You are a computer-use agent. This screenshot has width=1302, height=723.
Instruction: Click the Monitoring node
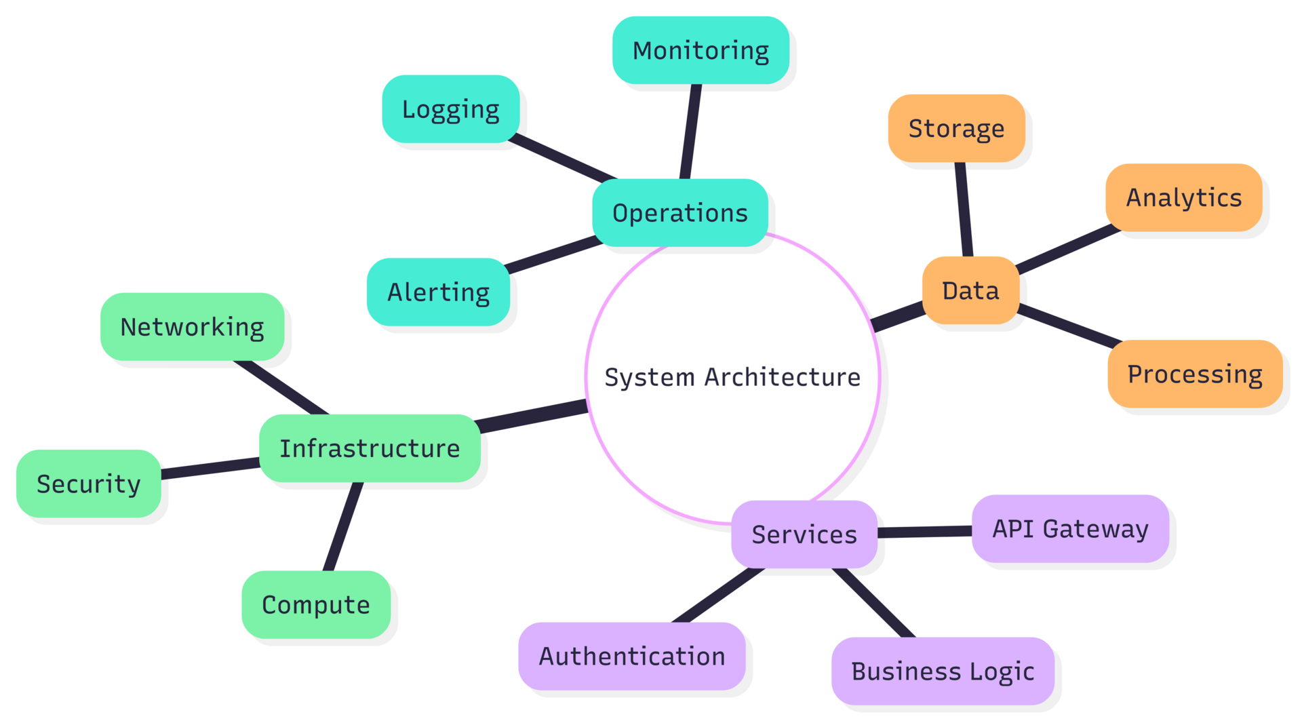701,51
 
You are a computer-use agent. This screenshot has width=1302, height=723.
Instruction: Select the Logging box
451,109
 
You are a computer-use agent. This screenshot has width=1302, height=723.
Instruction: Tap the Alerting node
438,292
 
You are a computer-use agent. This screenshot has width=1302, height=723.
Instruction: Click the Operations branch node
680,213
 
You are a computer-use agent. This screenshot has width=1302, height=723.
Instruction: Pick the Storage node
956,128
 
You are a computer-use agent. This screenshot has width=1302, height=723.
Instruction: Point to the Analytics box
1184,197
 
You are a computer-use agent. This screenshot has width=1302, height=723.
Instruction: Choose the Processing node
1195,374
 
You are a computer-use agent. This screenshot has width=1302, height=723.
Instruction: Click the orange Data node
970,290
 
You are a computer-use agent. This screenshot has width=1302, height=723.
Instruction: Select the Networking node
192,327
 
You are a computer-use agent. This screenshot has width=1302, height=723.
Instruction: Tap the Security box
88,484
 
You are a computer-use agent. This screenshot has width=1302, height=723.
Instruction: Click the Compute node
316,604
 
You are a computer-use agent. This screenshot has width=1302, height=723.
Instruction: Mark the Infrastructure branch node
370,448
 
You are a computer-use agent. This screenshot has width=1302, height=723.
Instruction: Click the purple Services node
804,534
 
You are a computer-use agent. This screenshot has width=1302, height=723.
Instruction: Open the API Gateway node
1070,528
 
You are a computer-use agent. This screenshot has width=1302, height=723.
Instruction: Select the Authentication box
632,657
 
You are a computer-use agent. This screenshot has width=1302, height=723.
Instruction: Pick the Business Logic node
943,671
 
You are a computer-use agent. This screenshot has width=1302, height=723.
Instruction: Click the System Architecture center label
732,377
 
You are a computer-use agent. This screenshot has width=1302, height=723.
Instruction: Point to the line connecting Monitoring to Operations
690,132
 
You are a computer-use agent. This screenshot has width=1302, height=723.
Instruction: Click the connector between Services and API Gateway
925,532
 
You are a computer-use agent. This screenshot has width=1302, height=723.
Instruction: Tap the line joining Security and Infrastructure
210,469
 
